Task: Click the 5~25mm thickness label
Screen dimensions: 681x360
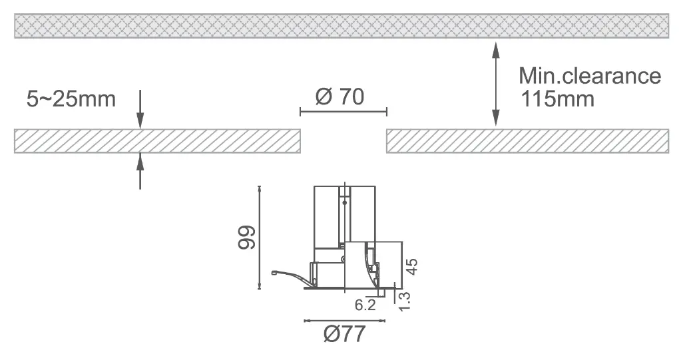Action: coord(71,99)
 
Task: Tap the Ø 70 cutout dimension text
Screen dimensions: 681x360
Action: coord(340,96)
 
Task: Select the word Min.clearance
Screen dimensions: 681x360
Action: coord(590,76)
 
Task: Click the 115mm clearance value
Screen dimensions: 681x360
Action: coord(557,99)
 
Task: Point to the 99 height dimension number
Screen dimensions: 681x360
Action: coord(247,237)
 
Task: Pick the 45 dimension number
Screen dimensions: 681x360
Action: coord(411,266)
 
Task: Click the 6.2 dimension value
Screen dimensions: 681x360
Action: coord(365,305)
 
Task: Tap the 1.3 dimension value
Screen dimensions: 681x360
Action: coord(403,301)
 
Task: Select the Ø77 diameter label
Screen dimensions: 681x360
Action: coord(345,334)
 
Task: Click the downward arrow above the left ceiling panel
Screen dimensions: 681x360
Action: coord(140,109)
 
